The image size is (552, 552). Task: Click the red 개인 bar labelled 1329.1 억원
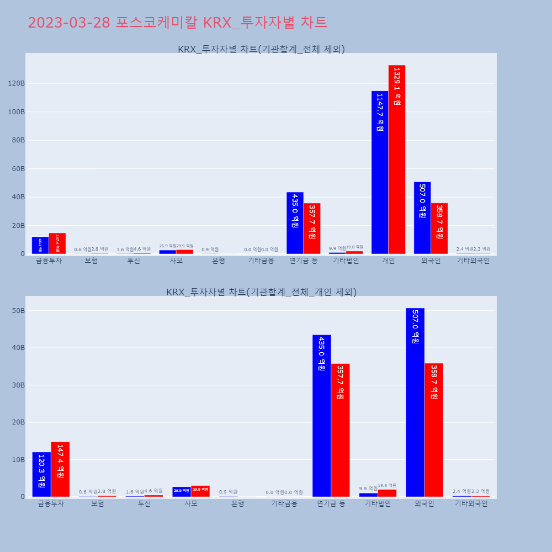click(397, 160)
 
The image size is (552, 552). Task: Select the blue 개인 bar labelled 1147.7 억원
click(380, 172)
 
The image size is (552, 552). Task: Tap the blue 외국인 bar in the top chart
click(422, 218)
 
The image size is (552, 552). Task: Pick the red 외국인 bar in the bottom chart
click(434, 430)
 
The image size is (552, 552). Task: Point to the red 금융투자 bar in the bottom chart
click(60, 469)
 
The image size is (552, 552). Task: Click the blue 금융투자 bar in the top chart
click(40, 246)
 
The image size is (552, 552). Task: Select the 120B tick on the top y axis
click(16, 83)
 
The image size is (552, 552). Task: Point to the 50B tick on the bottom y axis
click(18, 311)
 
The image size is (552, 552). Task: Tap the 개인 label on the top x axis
click(388, 261)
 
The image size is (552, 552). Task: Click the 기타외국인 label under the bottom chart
click(471, 504)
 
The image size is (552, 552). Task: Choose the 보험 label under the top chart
click(91, 261)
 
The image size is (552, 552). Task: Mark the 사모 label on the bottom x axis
click(191, 504)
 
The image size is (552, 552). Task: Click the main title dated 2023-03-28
click(177, 23)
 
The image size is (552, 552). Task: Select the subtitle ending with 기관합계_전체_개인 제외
click(261, 292)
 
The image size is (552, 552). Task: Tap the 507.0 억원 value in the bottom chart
click(415, 327)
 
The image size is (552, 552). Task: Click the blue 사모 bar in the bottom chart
click(182, 492)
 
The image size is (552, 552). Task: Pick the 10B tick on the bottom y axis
click(18, 460)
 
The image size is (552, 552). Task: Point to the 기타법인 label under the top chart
click(346, 261)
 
